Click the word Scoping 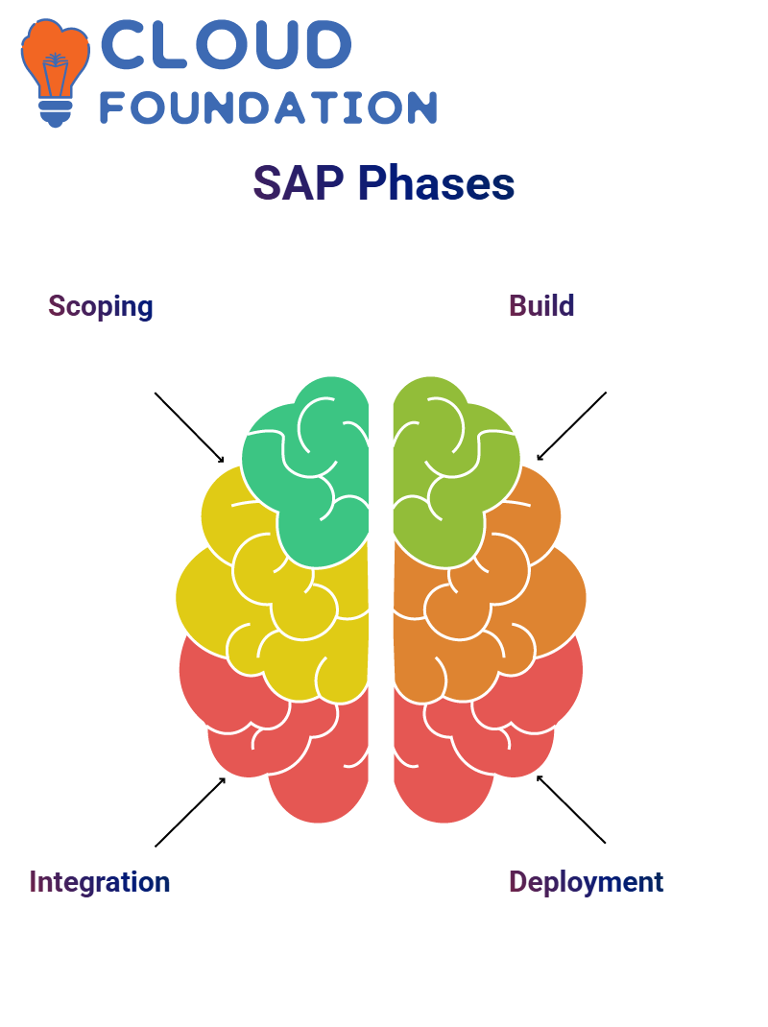point(100,306)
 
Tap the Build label point(541,306)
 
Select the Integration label point(100,882)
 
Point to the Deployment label point(586,882)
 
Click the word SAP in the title point(299,182)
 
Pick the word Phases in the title point(437,182)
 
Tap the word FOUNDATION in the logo point(268,108)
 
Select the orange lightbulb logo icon point(55,72)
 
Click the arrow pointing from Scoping point(189,427)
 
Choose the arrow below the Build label point(571,426)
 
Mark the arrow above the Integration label point(190,811)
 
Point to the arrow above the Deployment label point(571,809)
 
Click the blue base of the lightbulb point(55,113)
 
